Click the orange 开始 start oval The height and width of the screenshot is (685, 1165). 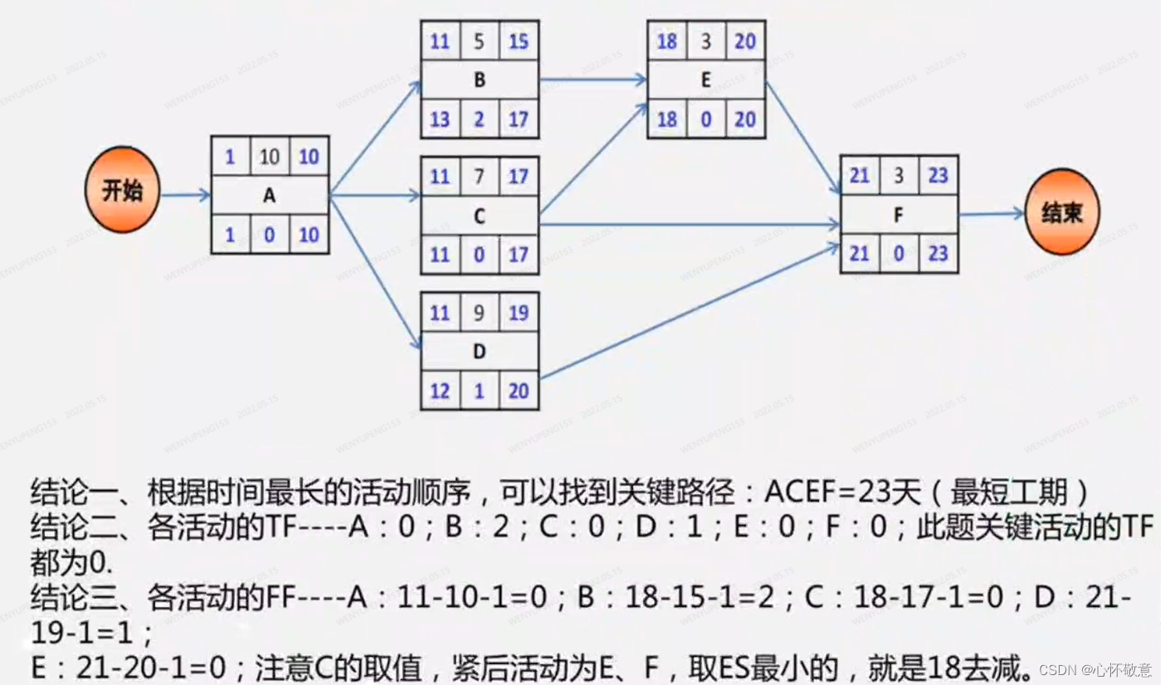pos(122,190)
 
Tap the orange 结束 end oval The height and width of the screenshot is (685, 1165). pos(1062,213)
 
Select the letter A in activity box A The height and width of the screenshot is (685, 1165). pos(270,196)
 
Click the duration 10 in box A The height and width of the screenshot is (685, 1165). pos(270,157)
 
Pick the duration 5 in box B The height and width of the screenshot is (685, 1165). pos(480,41)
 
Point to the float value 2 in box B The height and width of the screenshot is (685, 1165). pos(480,119)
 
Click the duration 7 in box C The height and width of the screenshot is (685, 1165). pos(480,177)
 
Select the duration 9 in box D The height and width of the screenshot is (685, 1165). pos(480,312)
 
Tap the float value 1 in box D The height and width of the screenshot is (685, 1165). pos(480,391)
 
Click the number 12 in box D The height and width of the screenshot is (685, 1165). pos(441,391)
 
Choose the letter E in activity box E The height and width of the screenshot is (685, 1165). pos(706,80)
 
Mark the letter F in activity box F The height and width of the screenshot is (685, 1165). pos(899,215)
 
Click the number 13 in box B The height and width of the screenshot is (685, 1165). pos(441,119)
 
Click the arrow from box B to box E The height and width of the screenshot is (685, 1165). pos(592,80)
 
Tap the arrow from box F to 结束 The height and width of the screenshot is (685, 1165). pos(992,214)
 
